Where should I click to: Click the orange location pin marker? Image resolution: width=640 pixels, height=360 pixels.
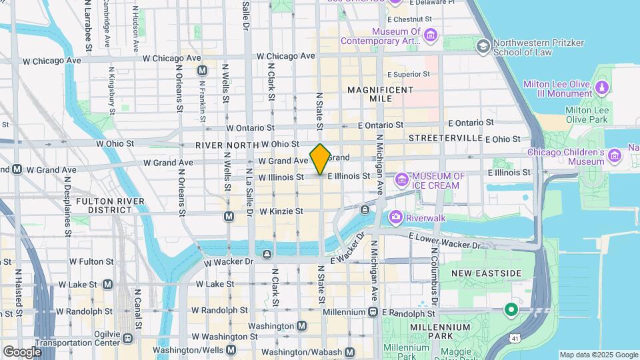(320, 159)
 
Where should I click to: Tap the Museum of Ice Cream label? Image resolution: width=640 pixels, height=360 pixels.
(439, 181)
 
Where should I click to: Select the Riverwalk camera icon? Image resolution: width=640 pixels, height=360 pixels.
(395, 217)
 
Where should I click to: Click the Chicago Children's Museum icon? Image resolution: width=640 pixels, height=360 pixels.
(614, 157)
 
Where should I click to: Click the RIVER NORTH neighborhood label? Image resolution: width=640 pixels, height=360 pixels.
(227, 145)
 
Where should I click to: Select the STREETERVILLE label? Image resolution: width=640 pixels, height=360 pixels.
(445, 137)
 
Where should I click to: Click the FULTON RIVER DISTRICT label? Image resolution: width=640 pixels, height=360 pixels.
(104, 205)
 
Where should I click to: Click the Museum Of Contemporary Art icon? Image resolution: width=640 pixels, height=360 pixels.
(431, 35)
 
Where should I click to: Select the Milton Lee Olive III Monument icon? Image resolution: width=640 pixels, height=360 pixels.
(602, 87)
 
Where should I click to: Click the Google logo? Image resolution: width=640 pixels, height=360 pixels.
(22, 351)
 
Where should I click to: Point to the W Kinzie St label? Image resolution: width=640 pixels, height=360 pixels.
(281, 211)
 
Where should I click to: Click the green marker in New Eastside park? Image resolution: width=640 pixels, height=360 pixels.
(511, 310)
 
